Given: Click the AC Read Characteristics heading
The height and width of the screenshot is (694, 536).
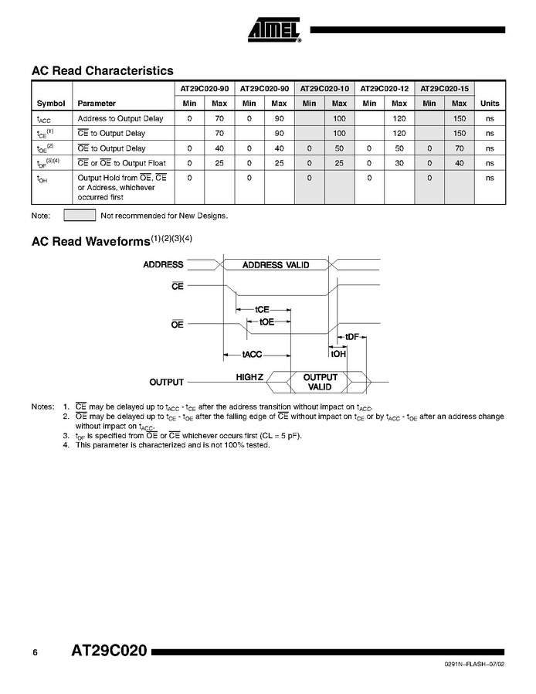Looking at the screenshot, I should click(x=102, y=70).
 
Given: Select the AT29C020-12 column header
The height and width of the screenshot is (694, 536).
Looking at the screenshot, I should click(x=385, y=88).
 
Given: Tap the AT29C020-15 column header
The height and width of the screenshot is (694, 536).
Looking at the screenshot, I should click(x=445, y=88).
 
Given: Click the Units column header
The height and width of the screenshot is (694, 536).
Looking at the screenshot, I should click(x=490, y=103).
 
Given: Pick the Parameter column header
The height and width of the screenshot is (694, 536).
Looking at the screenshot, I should click(x=97, y=103).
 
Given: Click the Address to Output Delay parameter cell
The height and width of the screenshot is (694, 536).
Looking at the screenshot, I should click(x=120, y=118).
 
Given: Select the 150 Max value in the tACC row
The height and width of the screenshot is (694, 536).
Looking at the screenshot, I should click(x=460, y=118).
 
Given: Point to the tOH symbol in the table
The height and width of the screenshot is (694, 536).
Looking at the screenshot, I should click(x=42, y=179).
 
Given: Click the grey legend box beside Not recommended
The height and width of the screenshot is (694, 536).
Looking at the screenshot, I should click(x=80, y=215).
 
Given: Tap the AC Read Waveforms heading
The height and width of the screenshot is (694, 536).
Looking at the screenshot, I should click(x=90, y=242).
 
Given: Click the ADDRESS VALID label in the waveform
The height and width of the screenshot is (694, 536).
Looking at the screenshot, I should click(x=276, y=265).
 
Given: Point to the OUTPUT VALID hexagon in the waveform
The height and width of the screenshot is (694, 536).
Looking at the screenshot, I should click(x=320, y=382).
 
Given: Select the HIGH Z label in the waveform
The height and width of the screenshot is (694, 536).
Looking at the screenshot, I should click(x=249, y=377).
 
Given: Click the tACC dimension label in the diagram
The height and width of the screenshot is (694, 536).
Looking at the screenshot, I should click(x=253, y=354).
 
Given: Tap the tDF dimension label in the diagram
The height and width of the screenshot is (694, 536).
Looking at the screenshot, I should click(x=352, y=337).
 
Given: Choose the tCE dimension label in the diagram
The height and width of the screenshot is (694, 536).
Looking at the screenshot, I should click(x=262, y=310).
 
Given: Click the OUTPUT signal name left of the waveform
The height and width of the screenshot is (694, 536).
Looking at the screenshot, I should click(x=166, y=382).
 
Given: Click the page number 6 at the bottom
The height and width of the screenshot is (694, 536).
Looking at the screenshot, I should click(x=36, y=653).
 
